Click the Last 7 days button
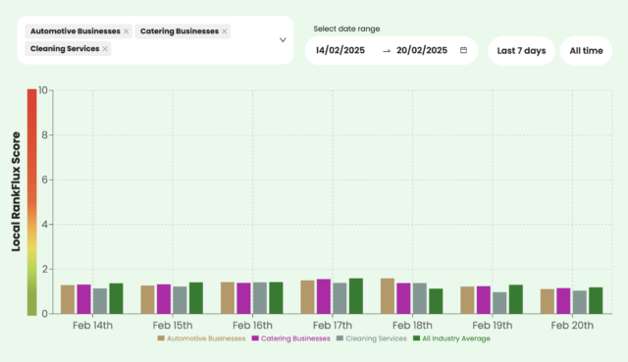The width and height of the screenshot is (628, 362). (x=521, y=50)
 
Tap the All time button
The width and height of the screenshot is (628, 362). (x=586, y=50)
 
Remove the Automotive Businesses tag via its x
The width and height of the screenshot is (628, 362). (x=127, y=31)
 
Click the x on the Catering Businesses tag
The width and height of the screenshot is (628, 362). (x=225, y=31)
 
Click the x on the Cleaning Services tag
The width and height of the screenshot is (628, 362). (x=106, y=48)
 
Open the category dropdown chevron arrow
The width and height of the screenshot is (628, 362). (x=283, y=40)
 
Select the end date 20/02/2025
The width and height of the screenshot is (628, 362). (x=422, y=50)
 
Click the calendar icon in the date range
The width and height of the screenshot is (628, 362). (x=463, y=50)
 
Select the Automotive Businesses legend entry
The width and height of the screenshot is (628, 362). (x=202, y=338)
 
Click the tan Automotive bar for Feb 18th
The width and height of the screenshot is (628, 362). (x=388, y=296)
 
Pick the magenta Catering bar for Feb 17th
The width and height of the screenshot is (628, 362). (x=324, y=296)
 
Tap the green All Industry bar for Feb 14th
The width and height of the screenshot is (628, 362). (x=116, y=298)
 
